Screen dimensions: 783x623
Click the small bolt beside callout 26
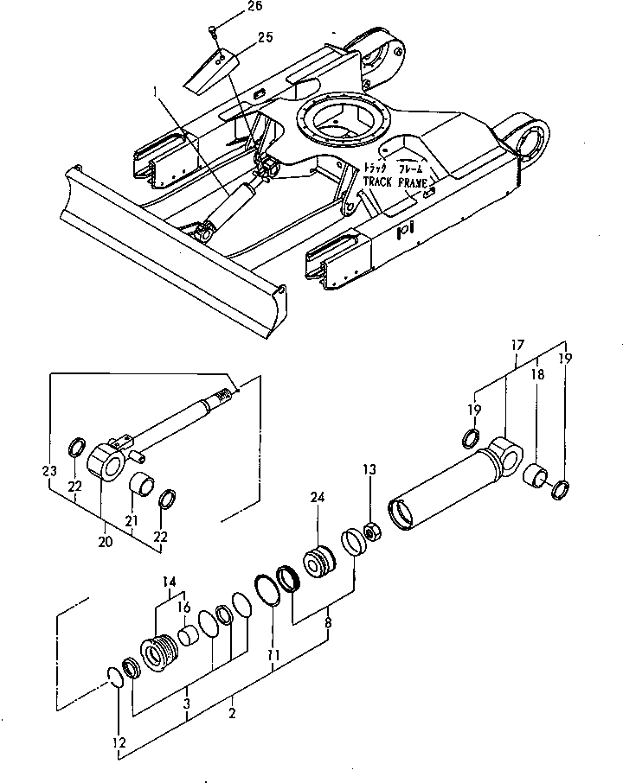click(x=212, y=32)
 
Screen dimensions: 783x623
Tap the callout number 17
click(x=517, y=347)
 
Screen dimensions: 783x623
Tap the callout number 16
click(x=183, y=608)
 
